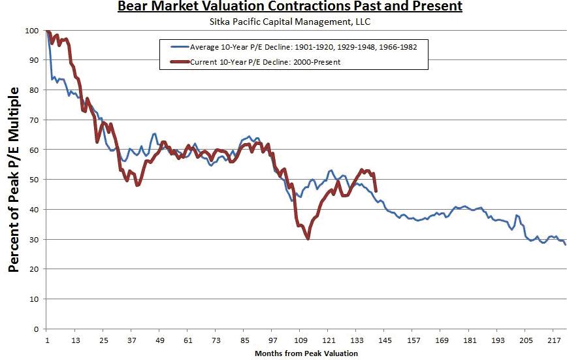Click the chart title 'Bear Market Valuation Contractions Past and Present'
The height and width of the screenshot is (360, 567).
tap(289, 7)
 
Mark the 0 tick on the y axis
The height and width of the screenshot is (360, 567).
tap(37, 329)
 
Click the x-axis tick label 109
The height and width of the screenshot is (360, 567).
tap(300, 341)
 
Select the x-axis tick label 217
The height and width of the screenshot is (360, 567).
tap(553, 341)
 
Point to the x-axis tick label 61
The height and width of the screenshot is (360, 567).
tap(188, 341)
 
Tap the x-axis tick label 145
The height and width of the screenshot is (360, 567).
tap(385, 341)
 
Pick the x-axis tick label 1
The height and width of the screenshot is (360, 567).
tap(48, 341)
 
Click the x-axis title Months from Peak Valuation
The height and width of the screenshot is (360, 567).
tap(306, 353)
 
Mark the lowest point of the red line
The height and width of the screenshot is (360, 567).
tap(308, 239)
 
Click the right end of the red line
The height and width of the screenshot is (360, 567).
tap(376, 191)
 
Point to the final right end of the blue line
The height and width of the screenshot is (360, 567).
tap(565, 244)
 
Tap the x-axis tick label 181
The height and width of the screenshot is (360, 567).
tap(469, 341)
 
